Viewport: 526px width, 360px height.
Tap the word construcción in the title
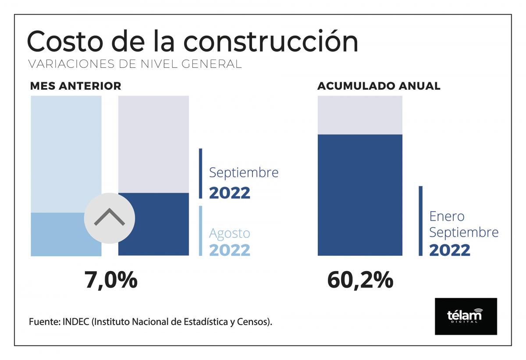click(270, 42)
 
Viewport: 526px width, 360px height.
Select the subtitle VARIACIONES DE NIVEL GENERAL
click(135, 64)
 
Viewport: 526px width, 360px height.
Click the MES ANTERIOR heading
click(75, 86)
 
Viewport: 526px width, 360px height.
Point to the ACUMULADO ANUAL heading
click(379, 86)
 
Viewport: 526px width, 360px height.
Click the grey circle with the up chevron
click(109, 218)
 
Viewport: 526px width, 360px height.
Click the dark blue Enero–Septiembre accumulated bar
click(360, 195)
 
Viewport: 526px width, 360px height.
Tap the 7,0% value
click(111, 280)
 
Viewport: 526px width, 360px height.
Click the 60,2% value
click(360, 280)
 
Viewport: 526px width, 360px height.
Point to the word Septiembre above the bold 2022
click(244, 173)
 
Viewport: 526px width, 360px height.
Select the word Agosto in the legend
click(229, 233)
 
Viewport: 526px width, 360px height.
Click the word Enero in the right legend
click(447, 216)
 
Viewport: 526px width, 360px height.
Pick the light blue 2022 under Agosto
click(229, 250)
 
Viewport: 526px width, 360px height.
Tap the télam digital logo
click(466, 316)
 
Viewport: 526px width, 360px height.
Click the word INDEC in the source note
click(77, 322)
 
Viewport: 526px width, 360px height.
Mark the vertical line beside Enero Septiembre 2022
click(421, 221)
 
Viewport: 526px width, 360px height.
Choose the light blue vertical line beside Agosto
click(201, 231)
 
